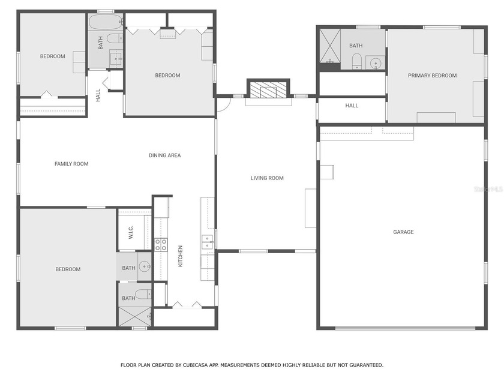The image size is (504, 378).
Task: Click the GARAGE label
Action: tap(403, 232)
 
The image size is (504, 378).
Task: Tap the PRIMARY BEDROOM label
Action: tap(432, 76)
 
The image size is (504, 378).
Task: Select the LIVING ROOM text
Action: tap(267, 178)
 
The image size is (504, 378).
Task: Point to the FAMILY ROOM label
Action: tap(71, 164)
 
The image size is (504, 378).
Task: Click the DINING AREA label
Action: tap(165, 156)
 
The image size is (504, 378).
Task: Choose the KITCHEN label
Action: tap(180, 256)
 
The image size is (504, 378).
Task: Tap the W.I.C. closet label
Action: tap(131, 233)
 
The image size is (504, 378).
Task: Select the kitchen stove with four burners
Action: tap(161, 244)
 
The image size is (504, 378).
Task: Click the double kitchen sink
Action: tap(207, 242)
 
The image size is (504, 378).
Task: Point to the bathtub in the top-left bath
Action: tap(106, 23)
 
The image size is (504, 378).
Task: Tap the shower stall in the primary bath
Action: tap(329, 46)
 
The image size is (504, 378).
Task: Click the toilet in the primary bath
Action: tap(356, 61)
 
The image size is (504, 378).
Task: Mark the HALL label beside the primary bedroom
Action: tap(352, 106)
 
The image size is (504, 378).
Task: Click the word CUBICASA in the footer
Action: tap(192, 365)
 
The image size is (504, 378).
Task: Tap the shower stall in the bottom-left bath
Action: tap(134, 316)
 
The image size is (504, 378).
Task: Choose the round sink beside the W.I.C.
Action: tap(145, 266)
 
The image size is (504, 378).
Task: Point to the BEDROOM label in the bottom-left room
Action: tap(68, 269)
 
